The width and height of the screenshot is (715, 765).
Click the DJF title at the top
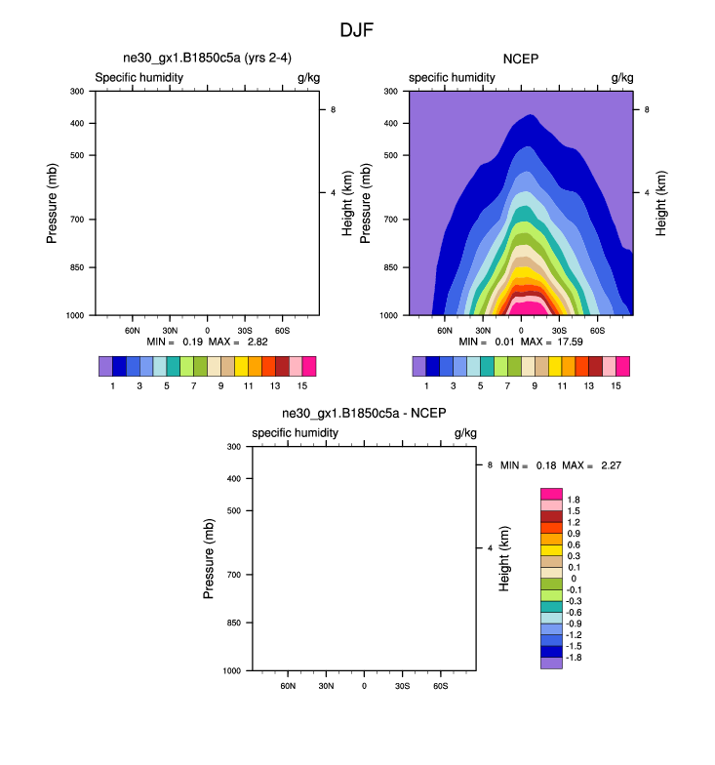tap(357, 30)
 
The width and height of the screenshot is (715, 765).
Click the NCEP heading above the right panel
tap(521, 60)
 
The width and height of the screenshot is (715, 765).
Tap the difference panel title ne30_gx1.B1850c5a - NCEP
tap(364, 414)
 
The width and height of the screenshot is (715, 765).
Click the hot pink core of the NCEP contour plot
tap(521, 307)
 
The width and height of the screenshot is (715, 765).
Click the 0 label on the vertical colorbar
tap(573, 579)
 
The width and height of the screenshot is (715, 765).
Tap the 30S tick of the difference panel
tap(401, 686)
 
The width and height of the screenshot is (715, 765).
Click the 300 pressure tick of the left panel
tap(76, 92)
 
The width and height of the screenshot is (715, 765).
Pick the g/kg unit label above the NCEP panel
tap(621, 77)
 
